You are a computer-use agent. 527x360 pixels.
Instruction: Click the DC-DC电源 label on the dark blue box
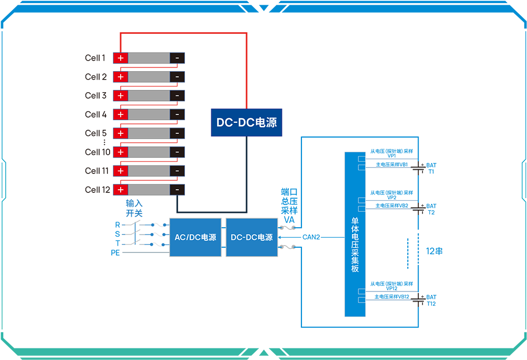pyautogui.click(x=247, y=122)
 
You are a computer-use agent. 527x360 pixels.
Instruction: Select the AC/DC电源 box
pyautogui.click(x=195, y=237)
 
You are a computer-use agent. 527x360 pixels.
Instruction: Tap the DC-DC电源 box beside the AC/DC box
pyautogui.click(x=251, y=237)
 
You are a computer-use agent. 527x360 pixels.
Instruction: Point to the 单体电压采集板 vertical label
pyautogui.click(x=355, y=245)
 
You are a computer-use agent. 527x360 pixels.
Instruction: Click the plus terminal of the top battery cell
pyautogui.click(x=120, y=58)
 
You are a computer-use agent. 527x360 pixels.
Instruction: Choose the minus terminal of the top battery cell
pyautogui.click(x=177, y=58)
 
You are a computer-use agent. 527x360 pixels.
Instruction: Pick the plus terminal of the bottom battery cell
pyautogui.click(x=120, y=189)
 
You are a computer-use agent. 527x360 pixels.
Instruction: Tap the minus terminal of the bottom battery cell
pyautogui.click(x=177, y=189)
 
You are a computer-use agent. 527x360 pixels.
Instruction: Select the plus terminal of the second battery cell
pyautogui.click(x=120, y=77)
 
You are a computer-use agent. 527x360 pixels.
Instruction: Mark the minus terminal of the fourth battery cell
pyautogui.click(x=177, y=114)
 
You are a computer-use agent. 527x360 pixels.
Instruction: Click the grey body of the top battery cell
pyautogui.click(x=149, y=58)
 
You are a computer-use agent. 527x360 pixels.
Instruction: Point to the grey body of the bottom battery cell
pyautogui.click(x=149, y=189)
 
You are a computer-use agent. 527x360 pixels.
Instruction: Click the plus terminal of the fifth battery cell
pyautogui.click(x=120, y=133)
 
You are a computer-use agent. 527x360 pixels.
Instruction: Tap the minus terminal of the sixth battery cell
pyautogui.click(x=177, y=152)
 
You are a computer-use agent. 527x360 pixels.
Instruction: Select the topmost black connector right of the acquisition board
pyautogui.click(x=419, y=171)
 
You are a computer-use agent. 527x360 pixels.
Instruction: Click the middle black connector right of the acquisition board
pyautogui.click(x=419, y=210)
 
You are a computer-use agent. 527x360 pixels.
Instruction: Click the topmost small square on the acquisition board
pyautogui.click(x=361, y=158)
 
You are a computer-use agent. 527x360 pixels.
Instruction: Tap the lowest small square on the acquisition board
pyautogui.click(x=361, y=300)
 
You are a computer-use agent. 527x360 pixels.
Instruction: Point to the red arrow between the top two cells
pyautogui.click(x=149, y=67)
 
